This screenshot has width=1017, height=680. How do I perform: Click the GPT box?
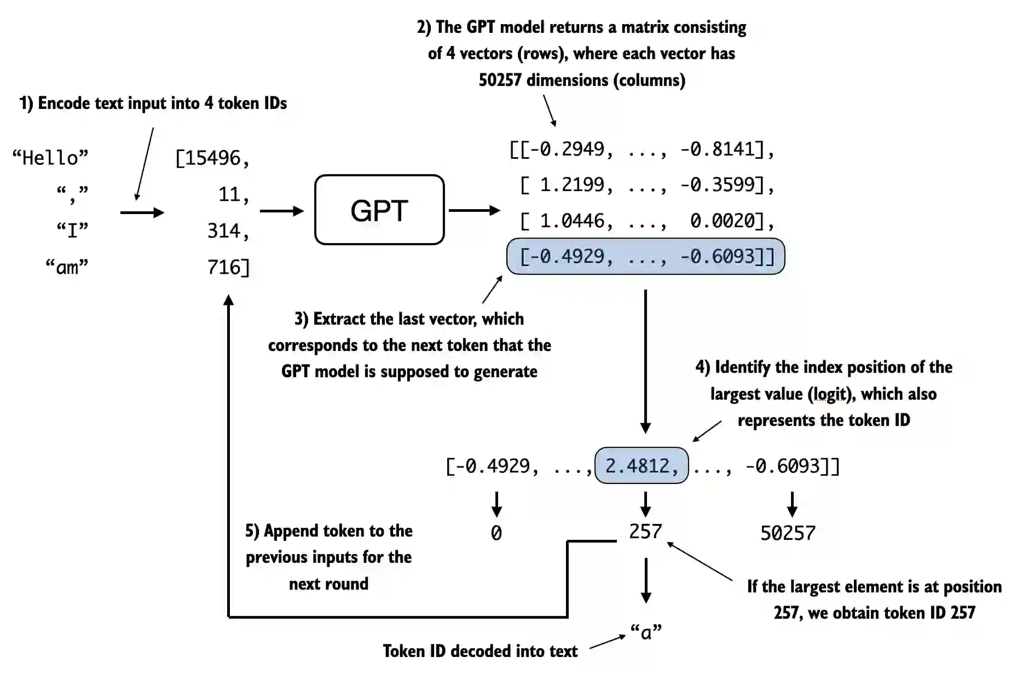click(x=379, y=210)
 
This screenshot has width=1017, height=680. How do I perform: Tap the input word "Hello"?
click(x=50, y=158)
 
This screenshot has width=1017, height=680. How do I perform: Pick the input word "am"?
click(x=67, y=267)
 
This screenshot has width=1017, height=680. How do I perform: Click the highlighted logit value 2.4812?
click(x=641, y=466)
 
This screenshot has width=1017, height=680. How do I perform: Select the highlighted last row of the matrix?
click(x=645, y=256)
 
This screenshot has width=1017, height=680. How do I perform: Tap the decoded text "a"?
click(x=646, y=632)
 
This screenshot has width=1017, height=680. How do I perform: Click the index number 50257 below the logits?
click(x=788, y=533)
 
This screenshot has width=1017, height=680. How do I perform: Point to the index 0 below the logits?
click(x=496, y=533)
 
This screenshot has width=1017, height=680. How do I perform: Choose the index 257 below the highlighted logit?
click(x=645, y=531)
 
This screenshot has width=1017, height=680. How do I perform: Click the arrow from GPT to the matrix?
click(x=474, y=210)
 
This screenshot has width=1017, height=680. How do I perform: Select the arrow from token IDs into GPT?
click(x=281, y=211)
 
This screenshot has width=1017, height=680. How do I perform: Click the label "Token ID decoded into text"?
click(x=480, y=651)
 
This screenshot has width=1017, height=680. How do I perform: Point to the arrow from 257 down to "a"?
click(x=646, y=580)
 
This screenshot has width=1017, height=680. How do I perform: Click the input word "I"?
click(x=72, y=230)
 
